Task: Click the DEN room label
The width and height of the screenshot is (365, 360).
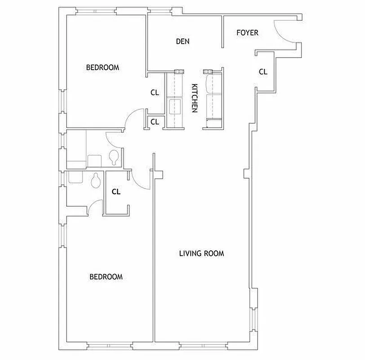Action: pos(182,41)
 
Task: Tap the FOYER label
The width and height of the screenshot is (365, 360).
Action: pos(247,32)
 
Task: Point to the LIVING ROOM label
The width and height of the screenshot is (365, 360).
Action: pos(201,253)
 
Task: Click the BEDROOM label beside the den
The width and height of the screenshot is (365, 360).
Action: pos(102,67)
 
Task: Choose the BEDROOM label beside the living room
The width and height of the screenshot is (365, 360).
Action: pos(106,277)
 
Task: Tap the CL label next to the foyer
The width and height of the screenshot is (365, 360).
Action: pos(263,71)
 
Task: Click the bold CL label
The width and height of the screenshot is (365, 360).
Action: pos(116,191)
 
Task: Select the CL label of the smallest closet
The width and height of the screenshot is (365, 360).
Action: pos(155,121)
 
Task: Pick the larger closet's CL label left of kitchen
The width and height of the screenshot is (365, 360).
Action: pos(155,93)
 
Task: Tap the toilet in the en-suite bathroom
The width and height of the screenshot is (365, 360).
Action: pos(95,181)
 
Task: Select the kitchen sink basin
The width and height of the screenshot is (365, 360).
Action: pos(174,107)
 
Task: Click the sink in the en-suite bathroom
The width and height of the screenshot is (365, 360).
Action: pos(75,177)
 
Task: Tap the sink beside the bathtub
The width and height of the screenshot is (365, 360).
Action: pos(94,160)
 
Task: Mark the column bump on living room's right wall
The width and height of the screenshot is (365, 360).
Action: pos(245,173)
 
